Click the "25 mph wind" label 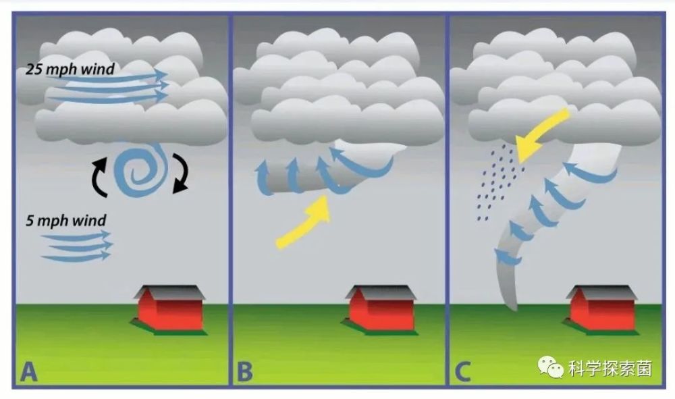click(x=70, y=69)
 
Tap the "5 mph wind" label click(x=66, y=220)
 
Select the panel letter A click(x=28, y=372)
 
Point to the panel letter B click(x=245, y=372)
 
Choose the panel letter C click(x=463, y=372)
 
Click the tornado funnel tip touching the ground click(x=514, y=309)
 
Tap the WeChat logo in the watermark click(x=550, y=367)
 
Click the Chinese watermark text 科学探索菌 click(x=610, y=369)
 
